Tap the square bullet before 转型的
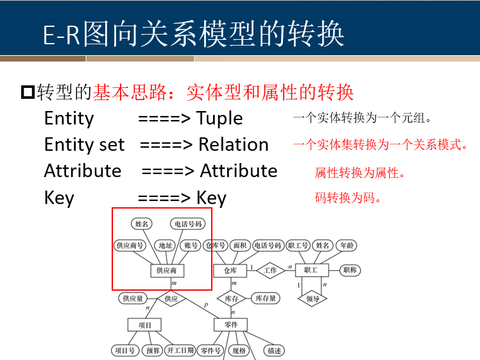(x=27, y=92)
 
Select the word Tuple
(x=219, y=118)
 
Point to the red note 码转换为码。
(x=348, y=198)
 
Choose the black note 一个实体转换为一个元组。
(x=363, y=118)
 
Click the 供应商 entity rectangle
(x=171, y=270)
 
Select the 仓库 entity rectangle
(x=230, y=270)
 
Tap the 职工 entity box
(x=311, y=270)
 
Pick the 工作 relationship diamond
(x=270, y=270)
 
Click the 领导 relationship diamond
(x=313, y=299)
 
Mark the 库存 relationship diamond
(x=231, y=298)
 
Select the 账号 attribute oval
(x=191, y=245)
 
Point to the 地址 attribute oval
(x=165, y=245)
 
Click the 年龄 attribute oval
(x=347, y=245)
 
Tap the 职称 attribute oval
(x=350, y=270)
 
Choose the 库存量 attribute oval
(x=265, y=298)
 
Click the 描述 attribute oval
(x=275, y=350)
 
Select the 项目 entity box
(x=145, y=325)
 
